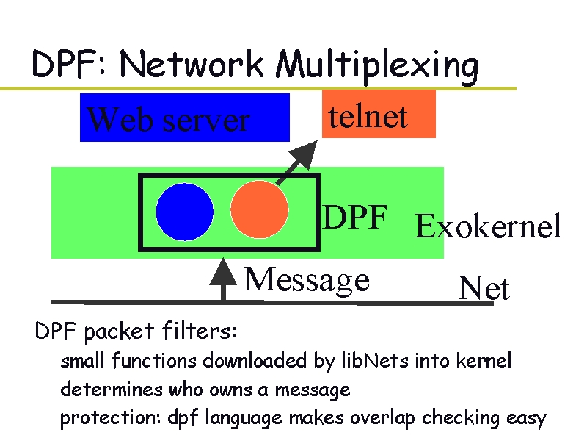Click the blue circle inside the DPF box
click(x=184, y=212)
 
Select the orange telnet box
click(x=379, y=115)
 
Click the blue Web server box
click(x=185, y=118)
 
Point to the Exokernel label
click(x=488, y=226)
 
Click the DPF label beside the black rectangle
click(x=355, y=218)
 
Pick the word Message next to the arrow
click(x=307, y=279)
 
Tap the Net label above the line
click(x=484, y=289)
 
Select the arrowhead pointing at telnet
click(x=302, y=154)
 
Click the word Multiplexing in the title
click(x=378, y=66)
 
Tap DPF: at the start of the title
click(x=70, y=66)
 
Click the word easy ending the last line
click(x=526, y=418)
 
